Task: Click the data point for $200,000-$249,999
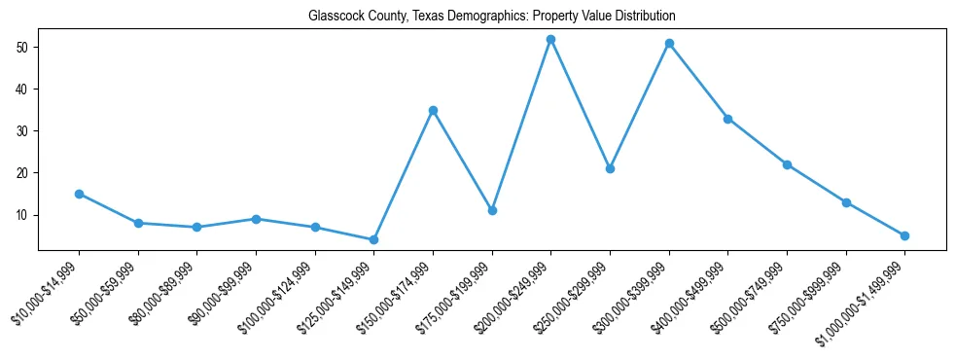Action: (550, 39)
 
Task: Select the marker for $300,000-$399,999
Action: (669, 43)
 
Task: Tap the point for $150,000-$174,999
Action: (433, 110)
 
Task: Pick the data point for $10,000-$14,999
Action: (79, 194)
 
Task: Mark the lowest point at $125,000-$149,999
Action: (373, 239)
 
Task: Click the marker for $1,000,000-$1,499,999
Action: (904, 235)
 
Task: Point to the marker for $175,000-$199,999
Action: (492, 210)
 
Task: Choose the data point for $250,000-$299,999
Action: (610, 168)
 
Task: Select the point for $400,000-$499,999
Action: (727, 119)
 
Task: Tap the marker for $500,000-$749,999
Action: (787, 164)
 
